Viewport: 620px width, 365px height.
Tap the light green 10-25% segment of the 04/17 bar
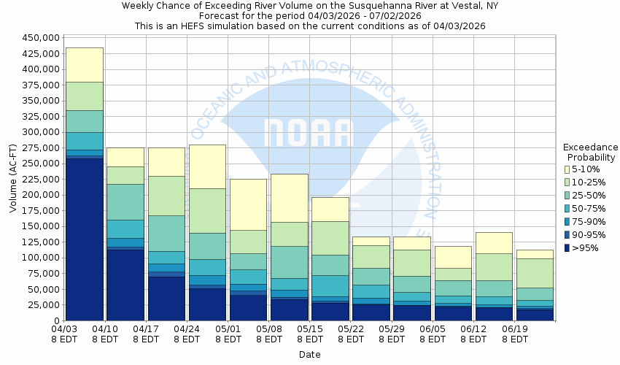pyautogui.click(x=166, y=196)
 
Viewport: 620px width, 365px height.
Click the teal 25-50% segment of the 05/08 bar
pyautogui.click(x=288, y=262)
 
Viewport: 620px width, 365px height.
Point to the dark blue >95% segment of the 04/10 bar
pyautogui.click(x=125, y=285)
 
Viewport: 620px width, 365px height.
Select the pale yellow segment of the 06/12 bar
pyautogui.click(x=492, y=243)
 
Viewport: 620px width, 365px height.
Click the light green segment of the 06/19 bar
pyautogui.click(x=534, y=273)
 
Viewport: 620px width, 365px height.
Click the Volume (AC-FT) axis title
pyautogui.click(x=12, y=179)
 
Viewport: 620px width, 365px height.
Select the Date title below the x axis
pyautogui.click(x=309, y=355)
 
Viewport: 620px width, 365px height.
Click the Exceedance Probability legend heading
pyautogui.click(x=591, y=152)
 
